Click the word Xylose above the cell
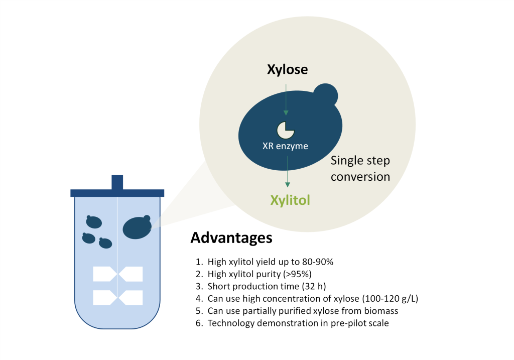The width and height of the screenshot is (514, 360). coord(288,69)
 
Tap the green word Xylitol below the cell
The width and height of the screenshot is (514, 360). coord(290,200)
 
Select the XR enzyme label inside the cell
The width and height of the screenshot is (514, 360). coord(285,146)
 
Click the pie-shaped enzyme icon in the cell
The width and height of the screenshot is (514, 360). coord(286,130)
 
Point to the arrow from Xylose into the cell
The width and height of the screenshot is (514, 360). coord(286,100)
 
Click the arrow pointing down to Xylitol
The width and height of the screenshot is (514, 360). coord(288,172)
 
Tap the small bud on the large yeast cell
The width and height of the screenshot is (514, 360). coord(325,95)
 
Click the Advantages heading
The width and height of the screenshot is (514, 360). coord(231,237)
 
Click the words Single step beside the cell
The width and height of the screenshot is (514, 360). coord(360,161)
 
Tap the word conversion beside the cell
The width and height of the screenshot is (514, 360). coord(360,177)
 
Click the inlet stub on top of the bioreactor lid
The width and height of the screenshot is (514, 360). coord(117,182)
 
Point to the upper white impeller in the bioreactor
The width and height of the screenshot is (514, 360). coord(117,274)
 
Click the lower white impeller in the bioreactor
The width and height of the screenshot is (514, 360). coord(117,298)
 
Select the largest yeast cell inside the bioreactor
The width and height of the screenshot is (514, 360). coord(137,227)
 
